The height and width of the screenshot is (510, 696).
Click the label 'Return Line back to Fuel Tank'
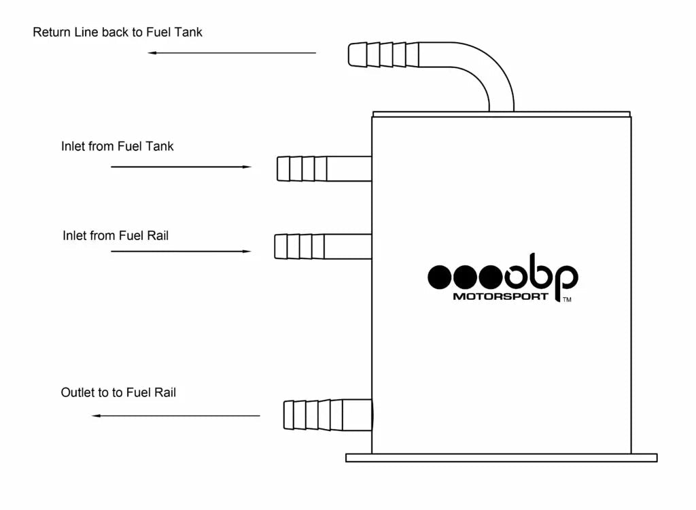pos(118,32)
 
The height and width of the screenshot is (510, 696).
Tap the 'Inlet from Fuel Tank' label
pos(117,146)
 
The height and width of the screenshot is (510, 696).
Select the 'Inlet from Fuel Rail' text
pos(116,236)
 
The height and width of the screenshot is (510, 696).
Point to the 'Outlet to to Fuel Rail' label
pos(118,392)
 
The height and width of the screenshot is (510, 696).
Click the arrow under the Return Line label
pos(232,52)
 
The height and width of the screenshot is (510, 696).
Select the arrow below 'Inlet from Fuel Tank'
pos(181,167)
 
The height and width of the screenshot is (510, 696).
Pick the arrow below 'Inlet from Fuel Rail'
pos(181,252)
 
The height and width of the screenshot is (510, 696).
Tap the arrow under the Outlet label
pos(176,415)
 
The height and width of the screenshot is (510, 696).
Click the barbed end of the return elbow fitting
pos(378,54)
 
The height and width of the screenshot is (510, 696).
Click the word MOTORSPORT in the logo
pos(500,296)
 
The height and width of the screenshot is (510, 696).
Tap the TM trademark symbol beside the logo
pos(567,299)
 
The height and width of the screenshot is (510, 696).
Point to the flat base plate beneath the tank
pos(501,458)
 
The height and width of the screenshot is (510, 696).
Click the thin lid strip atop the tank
pos(501,114)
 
